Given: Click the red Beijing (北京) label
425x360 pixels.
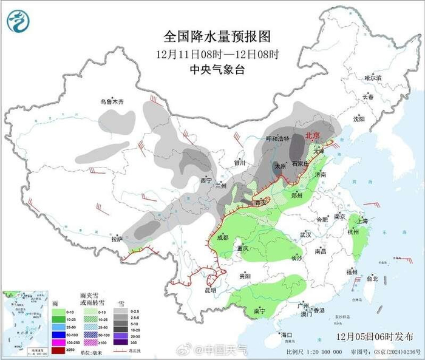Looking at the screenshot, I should [313, 135].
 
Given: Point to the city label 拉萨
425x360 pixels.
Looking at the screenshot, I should [117, 239].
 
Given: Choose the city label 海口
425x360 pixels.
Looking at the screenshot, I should [287, 335].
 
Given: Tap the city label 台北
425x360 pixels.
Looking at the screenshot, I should [372, 279].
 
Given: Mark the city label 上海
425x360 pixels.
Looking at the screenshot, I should [362, 221].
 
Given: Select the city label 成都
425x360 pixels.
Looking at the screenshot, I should [222, 237].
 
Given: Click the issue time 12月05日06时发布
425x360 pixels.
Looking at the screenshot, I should [371, 335].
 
